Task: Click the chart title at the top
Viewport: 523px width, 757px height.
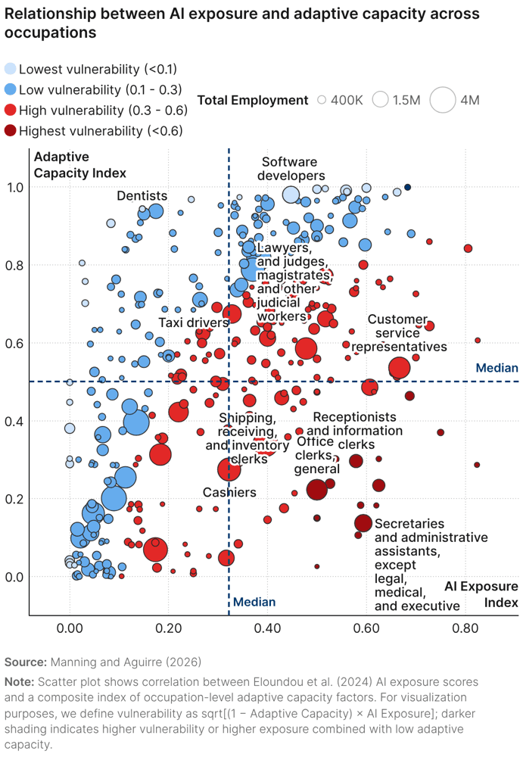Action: (242, 23)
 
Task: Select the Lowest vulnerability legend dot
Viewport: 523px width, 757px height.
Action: (10, 69)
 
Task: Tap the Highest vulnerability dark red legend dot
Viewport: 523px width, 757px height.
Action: (10, 131)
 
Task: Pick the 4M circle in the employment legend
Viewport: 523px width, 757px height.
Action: (442, 100)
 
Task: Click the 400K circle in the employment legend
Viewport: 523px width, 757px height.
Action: (322, 100)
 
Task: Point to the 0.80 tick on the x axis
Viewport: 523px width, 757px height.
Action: (465, 628)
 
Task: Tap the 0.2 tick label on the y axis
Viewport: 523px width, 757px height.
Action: (15, 499)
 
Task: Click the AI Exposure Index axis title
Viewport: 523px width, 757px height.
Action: (481, 594)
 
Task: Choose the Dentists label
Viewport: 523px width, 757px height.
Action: (142, 196)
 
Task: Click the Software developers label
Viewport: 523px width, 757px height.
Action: (290, 169)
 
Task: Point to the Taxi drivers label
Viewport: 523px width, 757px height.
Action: (193, 322)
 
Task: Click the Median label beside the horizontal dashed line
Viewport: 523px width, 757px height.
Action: (497, 368)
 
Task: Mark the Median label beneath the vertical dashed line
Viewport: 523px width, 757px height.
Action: (254, 603)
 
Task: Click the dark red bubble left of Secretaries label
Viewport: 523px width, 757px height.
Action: (363, 523)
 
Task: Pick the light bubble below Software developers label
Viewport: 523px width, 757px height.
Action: (291, 195)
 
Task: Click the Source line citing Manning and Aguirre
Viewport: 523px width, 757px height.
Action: (103, 662)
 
